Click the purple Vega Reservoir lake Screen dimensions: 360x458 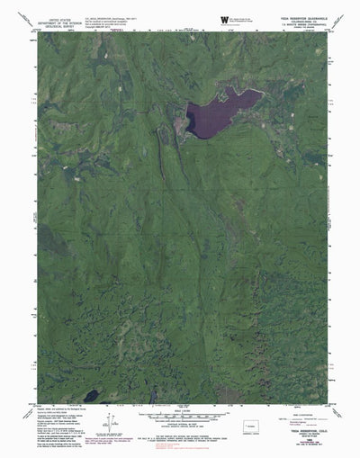coord(216,112)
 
